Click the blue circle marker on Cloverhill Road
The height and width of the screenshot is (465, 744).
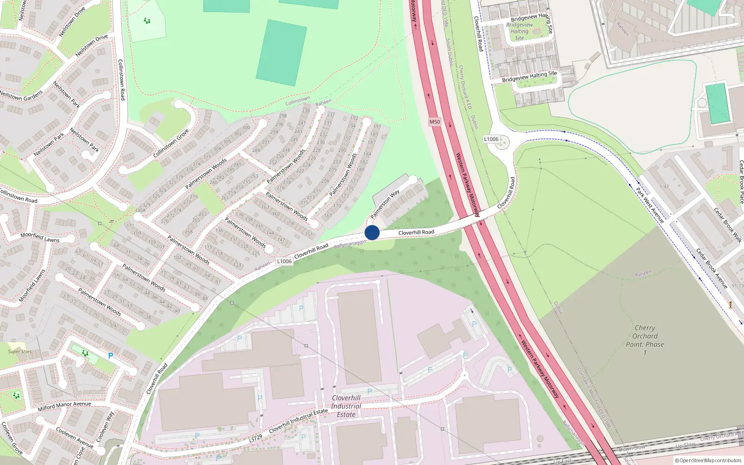372,232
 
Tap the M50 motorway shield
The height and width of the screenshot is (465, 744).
434,122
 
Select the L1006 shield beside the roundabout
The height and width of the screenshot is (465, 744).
491,139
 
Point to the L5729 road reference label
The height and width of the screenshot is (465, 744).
255,438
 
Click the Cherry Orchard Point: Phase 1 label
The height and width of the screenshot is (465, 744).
644,340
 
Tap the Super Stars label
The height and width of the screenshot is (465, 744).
20,352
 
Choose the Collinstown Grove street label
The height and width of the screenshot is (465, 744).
171,143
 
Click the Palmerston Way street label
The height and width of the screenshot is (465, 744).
385,204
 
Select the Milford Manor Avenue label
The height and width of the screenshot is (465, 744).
65,406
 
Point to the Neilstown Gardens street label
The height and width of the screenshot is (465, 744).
21,95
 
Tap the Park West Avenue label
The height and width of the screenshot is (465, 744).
650,205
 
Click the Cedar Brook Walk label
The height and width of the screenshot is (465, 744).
728,225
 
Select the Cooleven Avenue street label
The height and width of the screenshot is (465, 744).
74,437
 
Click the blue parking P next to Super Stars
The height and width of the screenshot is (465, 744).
111,356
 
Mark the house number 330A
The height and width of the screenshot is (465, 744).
140,210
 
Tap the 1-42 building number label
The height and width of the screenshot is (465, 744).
664,186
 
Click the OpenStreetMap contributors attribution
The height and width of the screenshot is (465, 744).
708,460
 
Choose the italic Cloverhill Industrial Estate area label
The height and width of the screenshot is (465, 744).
346,406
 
